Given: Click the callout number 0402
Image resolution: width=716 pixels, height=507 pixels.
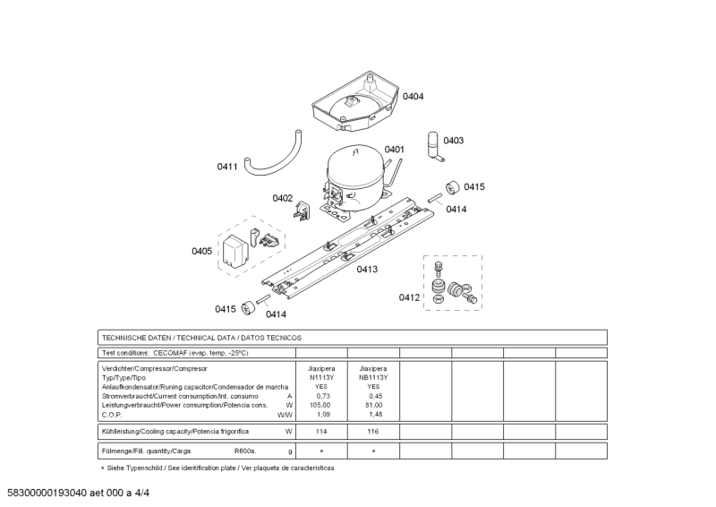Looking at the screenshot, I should pos(283,198).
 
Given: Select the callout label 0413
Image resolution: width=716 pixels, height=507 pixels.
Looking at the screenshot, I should pos(367,269).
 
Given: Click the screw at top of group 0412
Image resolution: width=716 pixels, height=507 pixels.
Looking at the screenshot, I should pos(438,268).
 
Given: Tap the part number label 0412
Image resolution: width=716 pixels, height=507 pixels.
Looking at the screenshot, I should pos(409,297).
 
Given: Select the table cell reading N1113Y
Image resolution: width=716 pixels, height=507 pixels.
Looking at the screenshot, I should pos(321,377).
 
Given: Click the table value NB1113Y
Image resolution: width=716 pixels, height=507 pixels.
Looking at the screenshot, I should pos(373,377).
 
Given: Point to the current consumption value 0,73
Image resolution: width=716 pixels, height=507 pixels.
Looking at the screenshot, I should pos(323,396).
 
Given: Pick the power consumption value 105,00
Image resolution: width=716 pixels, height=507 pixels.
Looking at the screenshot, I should pos(322,405).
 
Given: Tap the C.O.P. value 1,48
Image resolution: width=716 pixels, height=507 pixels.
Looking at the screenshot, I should pos(375,415).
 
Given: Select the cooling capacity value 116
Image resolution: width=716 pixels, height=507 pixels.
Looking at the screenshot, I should pos(373,432).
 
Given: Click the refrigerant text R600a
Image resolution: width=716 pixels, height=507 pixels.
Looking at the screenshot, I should pos(245,451).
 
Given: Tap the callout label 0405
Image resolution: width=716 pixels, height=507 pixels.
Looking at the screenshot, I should pos(201,252).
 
